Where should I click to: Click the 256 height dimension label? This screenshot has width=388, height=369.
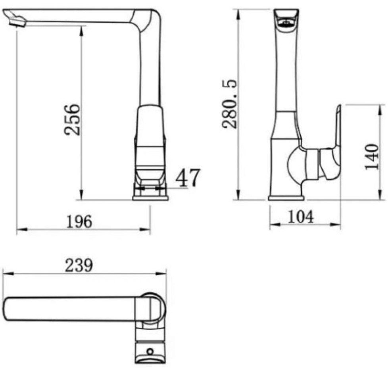tap(72, 120)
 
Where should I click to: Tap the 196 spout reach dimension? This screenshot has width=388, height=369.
tap(80, 221)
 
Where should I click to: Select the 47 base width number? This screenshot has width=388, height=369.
tap(187, 177)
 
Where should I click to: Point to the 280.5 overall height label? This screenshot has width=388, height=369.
tap(229, 104)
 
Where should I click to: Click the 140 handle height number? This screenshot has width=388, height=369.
tap(372, 157)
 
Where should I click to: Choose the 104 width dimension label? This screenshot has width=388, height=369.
tap(301, 217)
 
